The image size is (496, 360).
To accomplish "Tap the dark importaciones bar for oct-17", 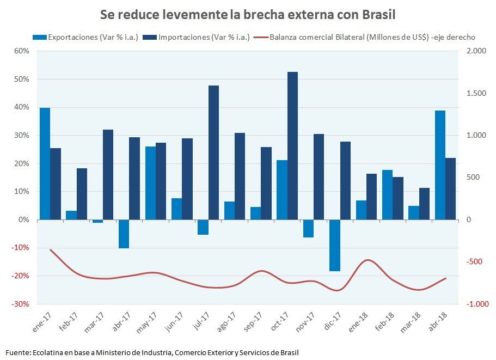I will [x=292, y=145].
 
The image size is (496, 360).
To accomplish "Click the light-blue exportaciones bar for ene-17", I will [x=45, y=163].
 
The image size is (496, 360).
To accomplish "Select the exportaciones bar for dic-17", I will [x=335, y=245].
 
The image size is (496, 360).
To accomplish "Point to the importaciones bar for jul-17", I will [x=213, y=152].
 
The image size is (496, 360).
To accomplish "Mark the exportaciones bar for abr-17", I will [x=124, y=234].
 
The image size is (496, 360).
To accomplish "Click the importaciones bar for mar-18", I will [x=424, y=204].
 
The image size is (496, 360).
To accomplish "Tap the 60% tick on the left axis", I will [x=21, y=51].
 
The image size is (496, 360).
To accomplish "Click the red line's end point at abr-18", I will [x=445, y=278].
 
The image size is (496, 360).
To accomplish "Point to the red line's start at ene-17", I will [x=51, y=250].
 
